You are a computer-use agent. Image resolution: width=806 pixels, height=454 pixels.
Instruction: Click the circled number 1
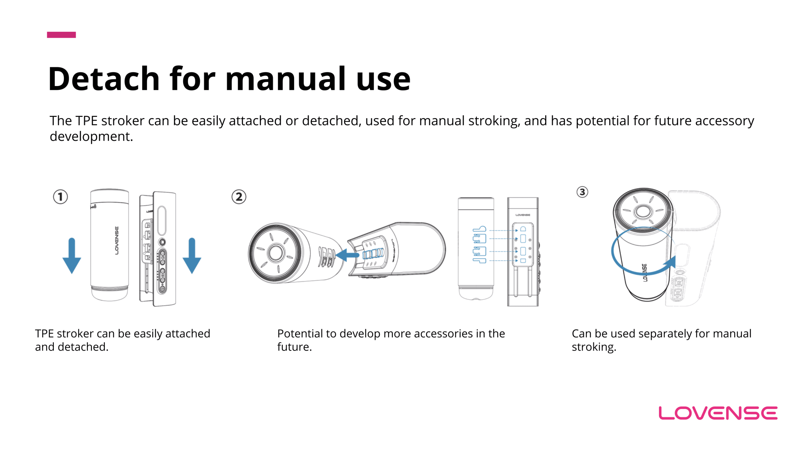pos(60,197)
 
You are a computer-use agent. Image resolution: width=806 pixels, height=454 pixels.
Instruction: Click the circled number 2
pos(239,197)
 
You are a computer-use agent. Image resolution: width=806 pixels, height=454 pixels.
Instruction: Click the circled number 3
pos(582,192)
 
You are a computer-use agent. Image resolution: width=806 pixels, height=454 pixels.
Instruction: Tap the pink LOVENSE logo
pos(718,413)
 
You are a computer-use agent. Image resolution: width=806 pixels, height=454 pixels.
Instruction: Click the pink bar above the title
pos(61,35)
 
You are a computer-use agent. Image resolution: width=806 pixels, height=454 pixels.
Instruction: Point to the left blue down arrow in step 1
pos(72,256)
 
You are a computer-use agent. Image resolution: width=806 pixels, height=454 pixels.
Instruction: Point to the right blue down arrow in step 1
pos(192,256)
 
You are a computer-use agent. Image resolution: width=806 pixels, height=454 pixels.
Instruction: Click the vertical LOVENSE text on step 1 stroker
pos(117,240)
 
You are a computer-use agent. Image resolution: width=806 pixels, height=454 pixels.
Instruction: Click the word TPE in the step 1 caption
pos(44,334)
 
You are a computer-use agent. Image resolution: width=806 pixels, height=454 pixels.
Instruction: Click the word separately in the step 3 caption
pos(665,334)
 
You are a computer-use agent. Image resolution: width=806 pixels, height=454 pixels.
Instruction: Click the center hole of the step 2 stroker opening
pos(276,253)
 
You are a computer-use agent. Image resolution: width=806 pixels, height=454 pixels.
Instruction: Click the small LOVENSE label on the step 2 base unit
pos(523,215)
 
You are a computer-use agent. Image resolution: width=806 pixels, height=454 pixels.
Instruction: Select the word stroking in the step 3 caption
pos(594,347)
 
